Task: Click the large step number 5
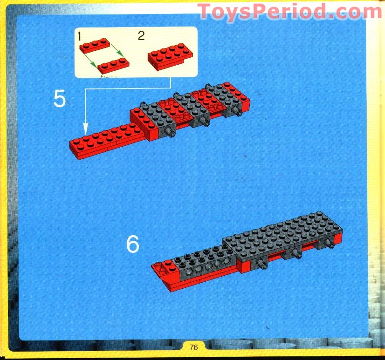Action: tap(60, 98)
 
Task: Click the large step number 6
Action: tap(133, 244)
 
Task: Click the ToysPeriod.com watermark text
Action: tap(289, 12)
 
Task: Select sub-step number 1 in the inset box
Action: tap(80, 36)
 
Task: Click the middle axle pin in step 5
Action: tap(206, 122)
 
